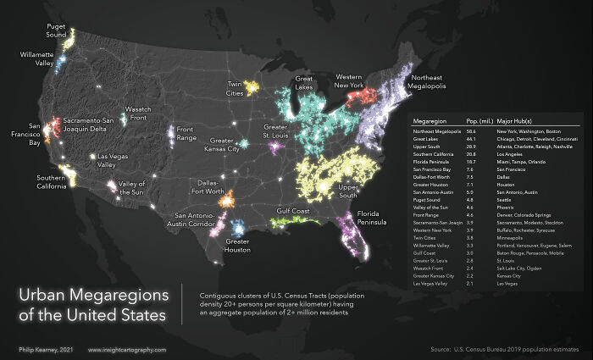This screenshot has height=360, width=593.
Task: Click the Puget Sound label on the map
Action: (x=57, y=30)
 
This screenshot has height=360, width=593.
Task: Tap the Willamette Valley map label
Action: (x=37, y=58)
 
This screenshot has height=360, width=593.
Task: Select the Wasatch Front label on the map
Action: (x=138, y=114)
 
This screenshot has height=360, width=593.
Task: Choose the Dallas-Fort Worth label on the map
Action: (x=213, y=186)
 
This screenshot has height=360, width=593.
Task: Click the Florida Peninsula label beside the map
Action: (x=376, y=218)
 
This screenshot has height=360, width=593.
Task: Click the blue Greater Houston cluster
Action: (x=237, y=227)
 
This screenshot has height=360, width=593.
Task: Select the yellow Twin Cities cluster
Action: (x=251, y=86)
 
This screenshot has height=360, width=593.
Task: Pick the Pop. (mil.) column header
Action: (x=480, y=120)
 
